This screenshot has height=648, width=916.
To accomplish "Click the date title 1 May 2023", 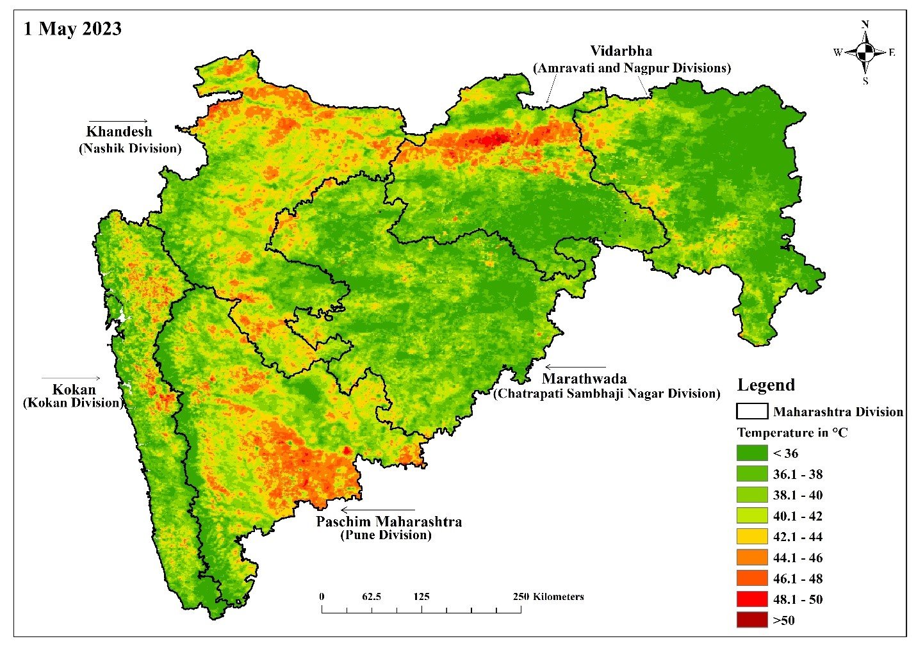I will (x=72, y=29).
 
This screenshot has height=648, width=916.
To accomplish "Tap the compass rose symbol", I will (x=865, y=53).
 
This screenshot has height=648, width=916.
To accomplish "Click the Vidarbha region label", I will (x=621, y=51).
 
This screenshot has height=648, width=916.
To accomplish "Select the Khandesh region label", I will (x=119, y=132).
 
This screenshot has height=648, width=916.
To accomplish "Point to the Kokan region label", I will (x=74, y=389).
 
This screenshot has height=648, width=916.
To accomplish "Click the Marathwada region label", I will (x=584, y=378).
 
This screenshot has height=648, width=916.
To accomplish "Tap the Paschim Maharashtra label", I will (x=389, y=521).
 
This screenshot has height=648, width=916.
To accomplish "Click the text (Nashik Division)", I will (x=130, y=149).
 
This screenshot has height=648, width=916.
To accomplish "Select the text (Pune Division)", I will (x=386, y=535).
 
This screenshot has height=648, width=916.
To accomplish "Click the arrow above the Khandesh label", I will (x=118, y=121).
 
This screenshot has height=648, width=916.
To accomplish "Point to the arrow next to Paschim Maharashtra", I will (x=378, y=510).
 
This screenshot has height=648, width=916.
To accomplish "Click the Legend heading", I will (x=765, y=385).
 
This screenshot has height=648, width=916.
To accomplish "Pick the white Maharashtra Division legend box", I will (x=752, y=411).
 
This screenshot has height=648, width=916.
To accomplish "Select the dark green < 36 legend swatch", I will (x=752, y=453).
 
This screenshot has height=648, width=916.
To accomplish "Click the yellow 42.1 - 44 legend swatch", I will (x=752, y=537).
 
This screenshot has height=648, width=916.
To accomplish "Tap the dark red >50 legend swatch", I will (x=752, y=620).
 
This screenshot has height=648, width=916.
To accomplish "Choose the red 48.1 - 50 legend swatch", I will (x=752, y=599).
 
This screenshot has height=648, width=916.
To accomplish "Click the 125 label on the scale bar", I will (x=421, y=597).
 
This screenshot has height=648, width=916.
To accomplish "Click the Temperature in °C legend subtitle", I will (x=792, y=433).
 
